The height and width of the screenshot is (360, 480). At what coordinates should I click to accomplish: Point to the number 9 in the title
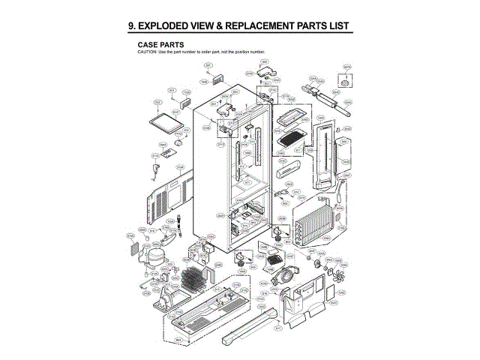tap(133, 27)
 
